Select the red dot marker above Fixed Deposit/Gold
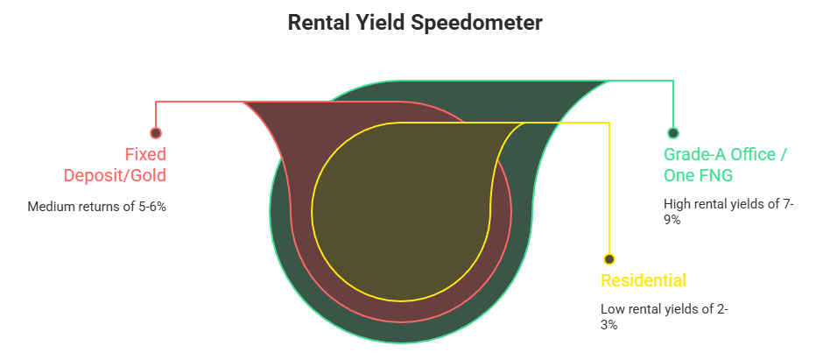pyautogui.click(x=156, y=133)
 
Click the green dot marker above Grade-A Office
pyautogui.click(x=673, y=133)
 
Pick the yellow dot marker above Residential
pyautogui.click(x=609, y=259)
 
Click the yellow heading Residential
pyautogui.click(x=644, y=281)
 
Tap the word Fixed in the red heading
pyautogui.click(x=145, y=154)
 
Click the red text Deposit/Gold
pyautogui.click(x=115, y=175)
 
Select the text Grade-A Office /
pyautogui.click(x=726, y=154)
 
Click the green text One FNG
pyautogui.click(x=698, y=175)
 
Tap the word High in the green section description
pyautogui.click(x=678, y=204)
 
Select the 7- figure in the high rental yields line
pyautogui.click(x=785, y=204)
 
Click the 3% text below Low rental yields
pyautogui.click(x=609, y=325)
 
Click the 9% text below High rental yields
pyautogui.click(x=672, y=220)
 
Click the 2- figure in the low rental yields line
pyautogui.click(x=722, y=309)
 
